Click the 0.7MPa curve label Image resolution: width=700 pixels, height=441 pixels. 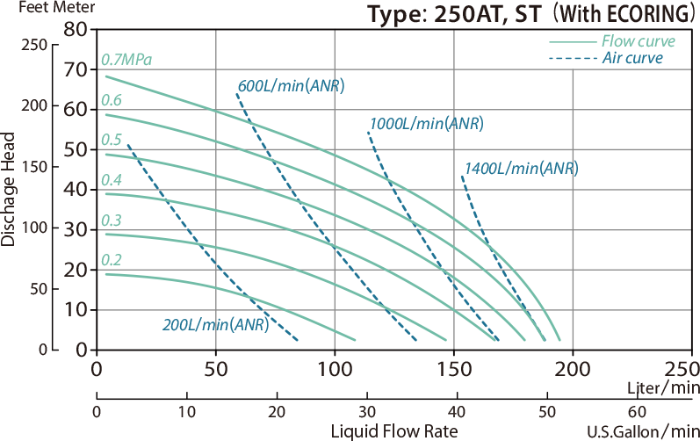click(x=126, y=61)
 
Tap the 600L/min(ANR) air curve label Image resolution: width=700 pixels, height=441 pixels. click(x=291, y=86)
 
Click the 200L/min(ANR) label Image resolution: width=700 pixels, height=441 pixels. click(x=215, y=324)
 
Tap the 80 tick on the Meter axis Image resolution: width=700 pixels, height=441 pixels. click(x=77, y=29)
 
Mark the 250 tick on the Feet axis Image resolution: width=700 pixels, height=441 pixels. click(x=35, y=46)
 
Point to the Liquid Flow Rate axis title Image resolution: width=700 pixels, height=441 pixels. click(x=393, y=431)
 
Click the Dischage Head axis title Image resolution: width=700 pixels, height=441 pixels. click(x=9, y=189)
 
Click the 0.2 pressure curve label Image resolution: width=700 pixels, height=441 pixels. click(x=111, y=259)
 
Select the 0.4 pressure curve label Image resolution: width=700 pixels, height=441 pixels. click(x=111, y=180)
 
